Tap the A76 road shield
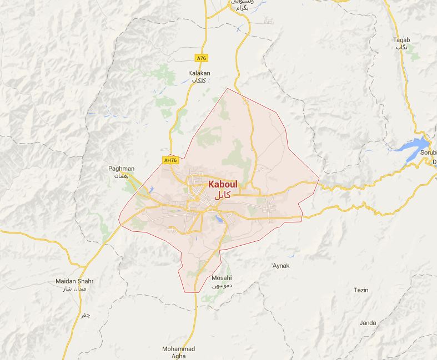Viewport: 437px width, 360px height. [201, 58]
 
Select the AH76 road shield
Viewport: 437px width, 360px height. [170, 160]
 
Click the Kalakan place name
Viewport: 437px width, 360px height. [199, 73]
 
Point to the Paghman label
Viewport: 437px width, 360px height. [122, 169]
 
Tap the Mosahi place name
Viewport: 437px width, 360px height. [222, 278]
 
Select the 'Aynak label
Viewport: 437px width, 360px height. [280, 266]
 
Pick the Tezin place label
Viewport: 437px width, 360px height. [361, 290]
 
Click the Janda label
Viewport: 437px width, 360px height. [368, 323]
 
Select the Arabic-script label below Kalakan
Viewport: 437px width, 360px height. [199, 81]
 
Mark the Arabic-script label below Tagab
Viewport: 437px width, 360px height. [401, 48]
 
